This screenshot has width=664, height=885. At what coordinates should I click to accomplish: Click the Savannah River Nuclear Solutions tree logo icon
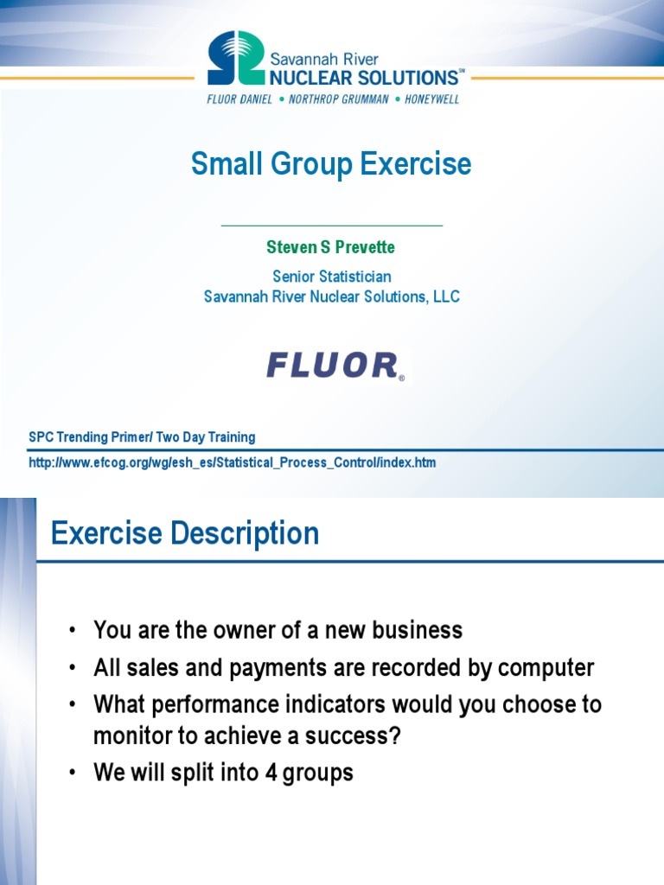236,58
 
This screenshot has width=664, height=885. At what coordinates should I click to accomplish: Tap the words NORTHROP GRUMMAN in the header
334,99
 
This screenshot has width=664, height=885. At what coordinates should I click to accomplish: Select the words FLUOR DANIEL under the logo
239,99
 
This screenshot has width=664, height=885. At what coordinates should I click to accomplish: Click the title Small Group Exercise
331,163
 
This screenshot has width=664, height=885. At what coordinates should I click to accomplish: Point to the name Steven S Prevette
331,247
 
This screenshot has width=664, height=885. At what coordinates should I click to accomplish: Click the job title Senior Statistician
331,277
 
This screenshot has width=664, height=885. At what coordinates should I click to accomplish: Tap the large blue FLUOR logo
333,366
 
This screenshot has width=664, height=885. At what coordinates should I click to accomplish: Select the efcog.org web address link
233,462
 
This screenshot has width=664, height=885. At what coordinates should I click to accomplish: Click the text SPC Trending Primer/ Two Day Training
142,437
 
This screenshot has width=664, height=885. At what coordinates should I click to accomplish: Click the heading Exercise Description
185,533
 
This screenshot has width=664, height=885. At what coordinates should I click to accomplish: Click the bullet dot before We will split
73,773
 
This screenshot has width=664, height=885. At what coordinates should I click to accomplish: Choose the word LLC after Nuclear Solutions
444,296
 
